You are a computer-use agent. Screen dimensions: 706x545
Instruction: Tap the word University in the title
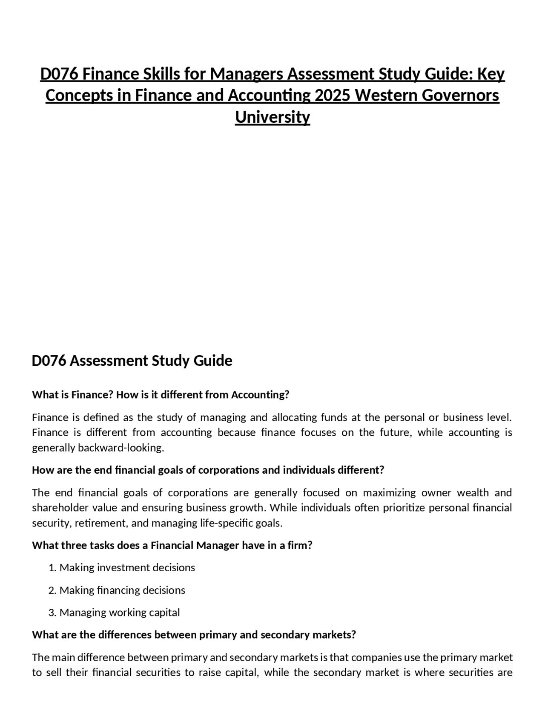click(x=272, y=117)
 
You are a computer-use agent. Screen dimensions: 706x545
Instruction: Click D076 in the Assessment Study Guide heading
click(x=49, y=361)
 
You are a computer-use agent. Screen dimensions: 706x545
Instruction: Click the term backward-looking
click(x=121, y=448)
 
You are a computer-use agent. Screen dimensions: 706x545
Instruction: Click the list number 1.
click(x=52, y=568)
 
